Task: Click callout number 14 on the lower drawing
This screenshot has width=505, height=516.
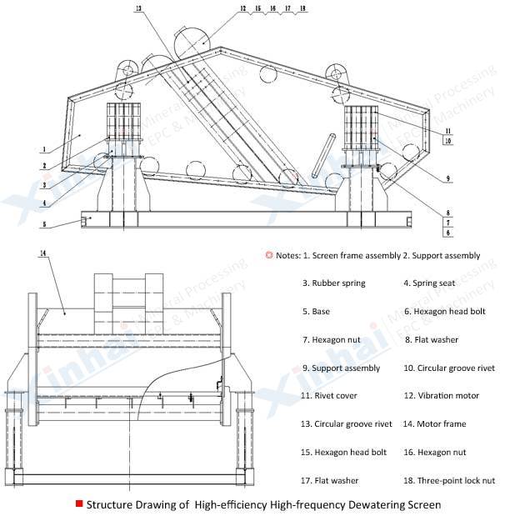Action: pyautogui.click(x=42, y=251)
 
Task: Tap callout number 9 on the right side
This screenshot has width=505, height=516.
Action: pyautogui.click(x=447, y=179)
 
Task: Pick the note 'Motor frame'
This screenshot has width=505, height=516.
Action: pyautogui.click(x=440, y=423)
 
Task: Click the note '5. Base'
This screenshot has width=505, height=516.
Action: pyautogui.click(x=316, y=312)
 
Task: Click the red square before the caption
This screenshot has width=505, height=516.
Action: pyautogui.click(x=78, y=503)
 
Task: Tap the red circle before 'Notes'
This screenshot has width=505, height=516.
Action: pyautogui.click(x=268, y=255)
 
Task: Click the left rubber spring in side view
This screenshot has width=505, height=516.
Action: pyautogui.click(x=122, y=118)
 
